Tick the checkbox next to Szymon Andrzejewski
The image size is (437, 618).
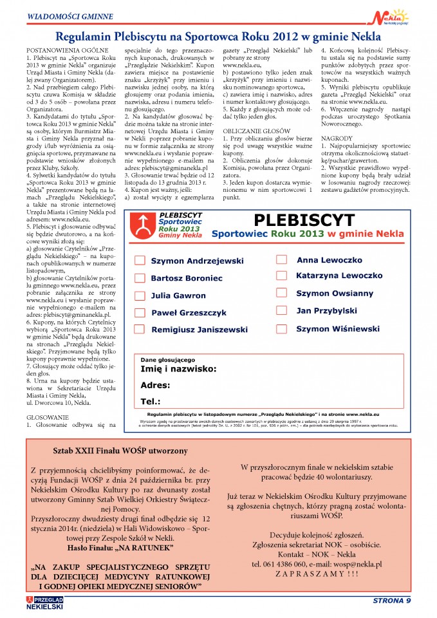click(x=139, y=261)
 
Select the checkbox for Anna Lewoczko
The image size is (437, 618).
click(x=281, y=260)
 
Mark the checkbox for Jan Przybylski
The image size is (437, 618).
click(x=281, y=311)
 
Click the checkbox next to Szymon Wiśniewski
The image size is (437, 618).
click(x=281, y=328)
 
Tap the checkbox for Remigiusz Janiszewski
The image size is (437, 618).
click(x=139, y=330)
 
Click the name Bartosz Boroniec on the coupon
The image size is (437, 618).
click(x=187, y=278)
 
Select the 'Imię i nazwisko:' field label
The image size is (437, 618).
click(x=178, y=370)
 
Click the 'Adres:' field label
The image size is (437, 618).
click(x=155, y=386)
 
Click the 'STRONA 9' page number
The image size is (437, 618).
click(x=391, y=602)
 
